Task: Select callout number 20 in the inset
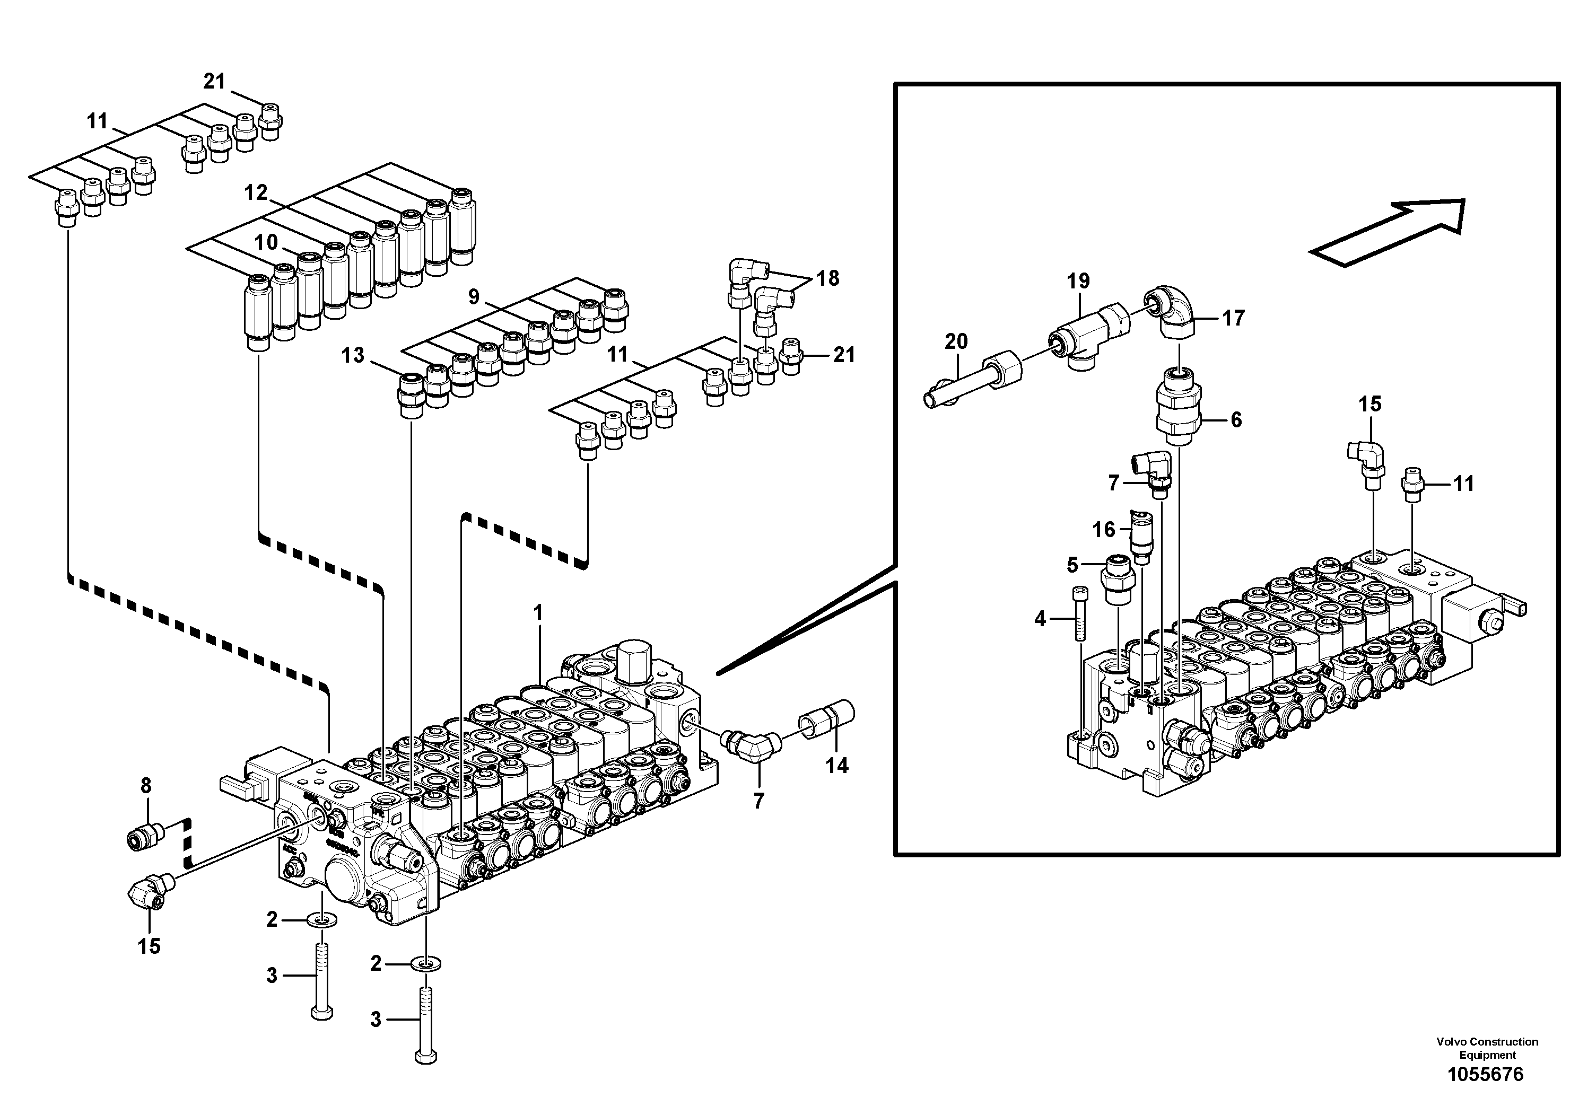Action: coord(956,341)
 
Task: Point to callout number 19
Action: coord(1078,281)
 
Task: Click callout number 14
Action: coord(837,765)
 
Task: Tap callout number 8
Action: coord(146,785)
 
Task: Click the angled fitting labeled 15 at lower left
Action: coord(149,894)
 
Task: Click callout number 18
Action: coord(828,278)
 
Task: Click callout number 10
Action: coord(266,242)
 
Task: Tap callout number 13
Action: coord(353,355)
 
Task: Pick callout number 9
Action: coord(473,296)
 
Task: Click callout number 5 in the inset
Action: coord(1072,565)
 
